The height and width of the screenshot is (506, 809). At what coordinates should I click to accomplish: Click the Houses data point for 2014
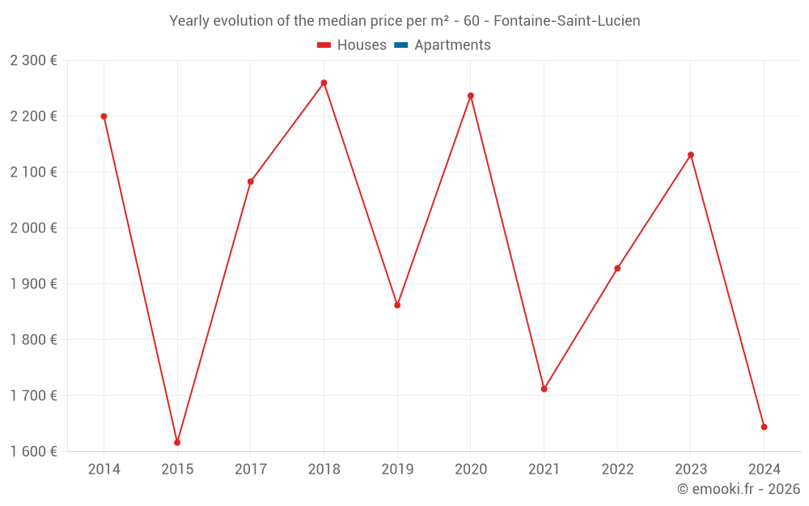coord(104,117)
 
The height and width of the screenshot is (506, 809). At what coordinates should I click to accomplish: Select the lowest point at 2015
coord(177,442)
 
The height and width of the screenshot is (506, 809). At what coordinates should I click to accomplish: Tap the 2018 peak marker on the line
coord(324,83)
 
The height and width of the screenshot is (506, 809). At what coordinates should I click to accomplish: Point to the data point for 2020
coord(471,96)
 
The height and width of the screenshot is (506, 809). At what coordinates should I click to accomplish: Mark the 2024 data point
coord(764,427)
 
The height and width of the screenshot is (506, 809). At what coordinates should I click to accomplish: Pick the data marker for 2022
coord(617,268)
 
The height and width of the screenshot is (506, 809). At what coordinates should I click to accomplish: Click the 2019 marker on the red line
coord(397,305)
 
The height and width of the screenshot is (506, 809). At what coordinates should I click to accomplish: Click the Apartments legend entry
coord(452,45)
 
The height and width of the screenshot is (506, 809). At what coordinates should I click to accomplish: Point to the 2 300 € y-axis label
coord(34,61)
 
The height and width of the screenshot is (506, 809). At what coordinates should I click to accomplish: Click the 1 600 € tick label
coord(34,451)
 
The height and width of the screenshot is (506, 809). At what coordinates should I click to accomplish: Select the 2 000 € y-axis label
coord(34,227)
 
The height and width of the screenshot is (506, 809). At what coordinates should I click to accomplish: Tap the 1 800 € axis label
coord(34,339)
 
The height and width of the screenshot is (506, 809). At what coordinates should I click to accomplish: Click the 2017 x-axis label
coord(250,470)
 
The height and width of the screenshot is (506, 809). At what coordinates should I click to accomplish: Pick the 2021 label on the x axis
coord(544,470)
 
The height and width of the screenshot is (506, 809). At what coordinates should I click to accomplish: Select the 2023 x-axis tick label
coord(690,470)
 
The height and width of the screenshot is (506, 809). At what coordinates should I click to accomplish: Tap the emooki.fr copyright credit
coord(739,489)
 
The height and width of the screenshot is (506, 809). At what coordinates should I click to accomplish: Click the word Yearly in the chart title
coord(189,21)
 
